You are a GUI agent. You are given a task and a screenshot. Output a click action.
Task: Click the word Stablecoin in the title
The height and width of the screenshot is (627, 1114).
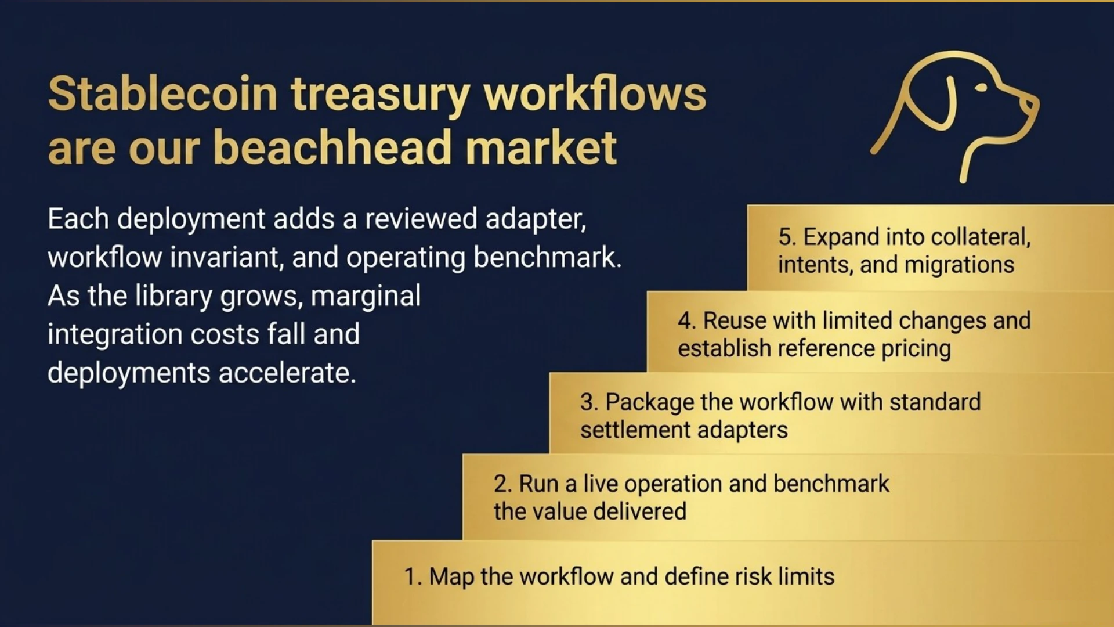tap(163, 93)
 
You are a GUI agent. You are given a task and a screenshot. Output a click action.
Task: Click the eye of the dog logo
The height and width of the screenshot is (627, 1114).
tap(981, 88)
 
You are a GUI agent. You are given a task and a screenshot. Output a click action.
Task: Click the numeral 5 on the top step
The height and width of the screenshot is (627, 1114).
tap(785, 237)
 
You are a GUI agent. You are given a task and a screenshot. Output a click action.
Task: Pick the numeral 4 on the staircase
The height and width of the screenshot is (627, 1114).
tap(684, 320)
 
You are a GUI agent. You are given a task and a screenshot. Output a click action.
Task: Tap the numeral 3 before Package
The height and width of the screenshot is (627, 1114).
tap(587, 402)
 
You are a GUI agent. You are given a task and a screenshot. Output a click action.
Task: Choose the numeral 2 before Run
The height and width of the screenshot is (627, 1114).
tap(500, 484)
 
